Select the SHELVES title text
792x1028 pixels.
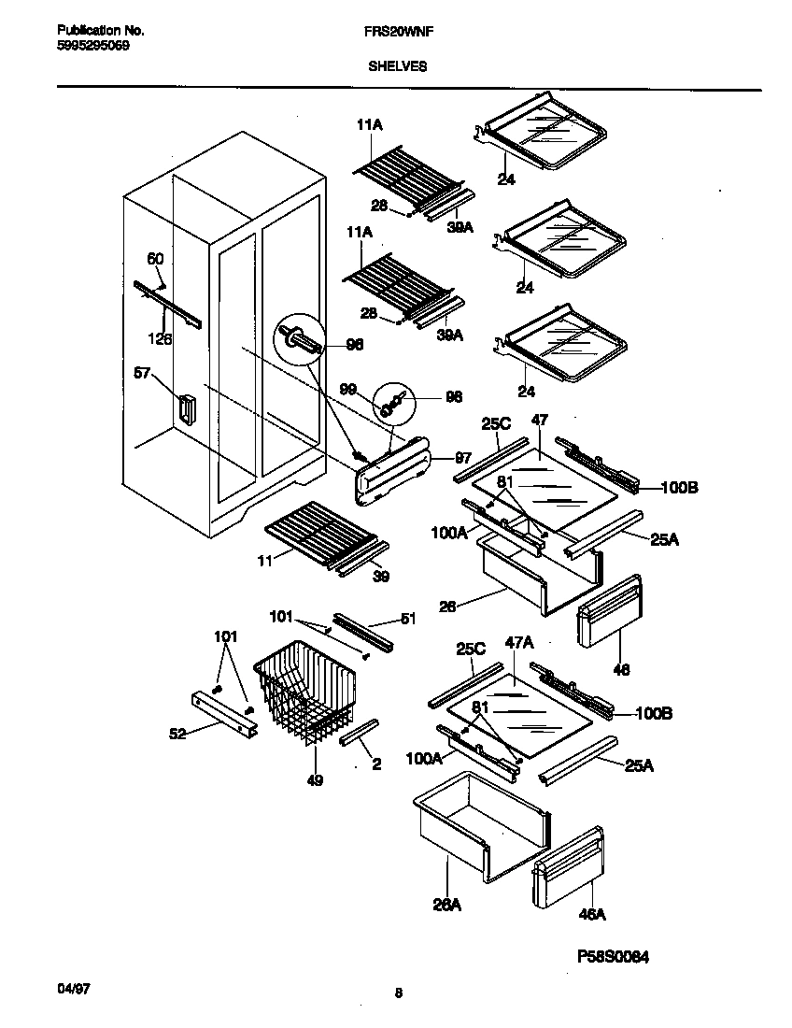coord(397,66)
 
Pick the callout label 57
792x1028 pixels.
coord(144,374)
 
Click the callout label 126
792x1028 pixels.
coord(161,339)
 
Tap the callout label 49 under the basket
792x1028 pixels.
coord(316,779)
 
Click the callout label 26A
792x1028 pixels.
coord(448,904)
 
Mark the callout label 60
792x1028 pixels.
coord(155,259)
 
